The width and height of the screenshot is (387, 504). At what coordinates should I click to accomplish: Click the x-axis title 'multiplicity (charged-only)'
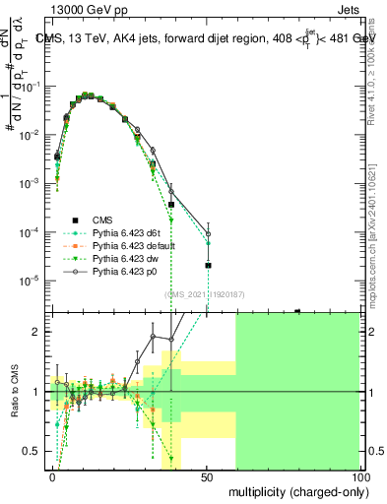point(292,489)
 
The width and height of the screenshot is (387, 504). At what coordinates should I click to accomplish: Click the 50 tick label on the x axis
point(207,475)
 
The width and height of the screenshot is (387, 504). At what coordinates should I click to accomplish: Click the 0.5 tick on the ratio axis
point(35,451)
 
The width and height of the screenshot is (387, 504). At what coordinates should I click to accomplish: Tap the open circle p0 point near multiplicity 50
point(208,234)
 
